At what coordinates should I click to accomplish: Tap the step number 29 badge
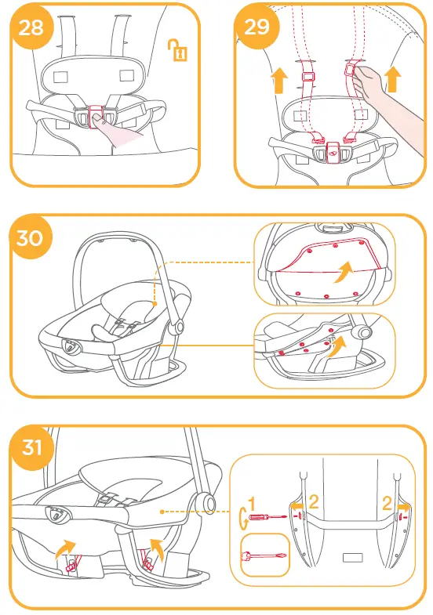tap(257, 27)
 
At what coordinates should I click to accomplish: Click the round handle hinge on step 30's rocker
tap(180, 325)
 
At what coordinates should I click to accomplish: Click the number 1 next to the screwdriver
tap(253, 504)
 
